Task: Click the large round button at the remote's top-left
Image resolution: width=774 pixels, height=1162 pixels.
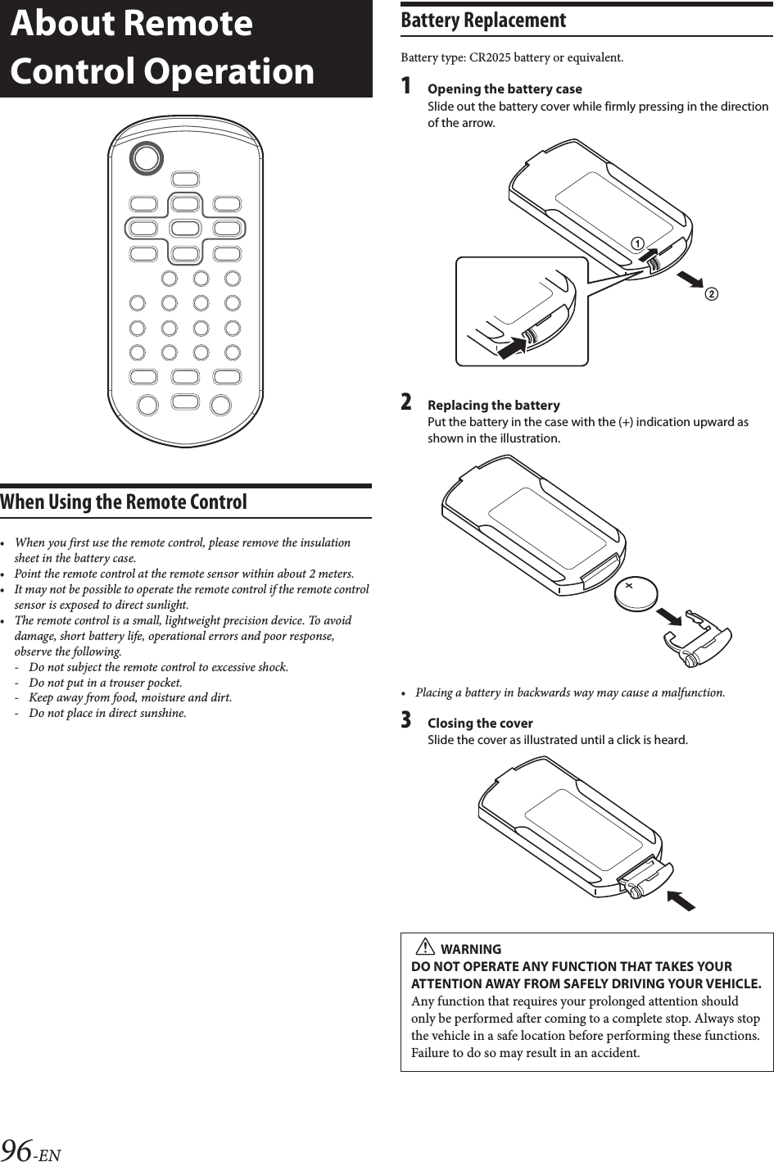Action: [148, 157]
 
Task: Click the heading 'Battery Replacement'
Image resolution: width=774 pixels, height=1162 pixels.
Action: [483, 20]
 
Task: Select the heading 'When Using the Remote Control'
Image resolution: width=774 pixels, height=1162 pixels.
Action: [124, 502]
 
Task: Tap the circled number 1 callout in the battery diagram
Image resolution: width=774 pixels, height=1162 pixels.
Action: [636, 242]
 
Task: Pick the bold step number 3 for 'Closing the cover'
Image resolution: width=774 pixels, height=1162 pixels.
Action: [406, 721]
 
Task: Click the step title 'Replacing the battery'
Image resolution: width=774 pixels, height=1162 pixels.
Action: [494, 405]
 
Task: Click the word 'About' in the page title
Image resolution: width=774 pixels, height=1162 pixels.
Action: [63, 25]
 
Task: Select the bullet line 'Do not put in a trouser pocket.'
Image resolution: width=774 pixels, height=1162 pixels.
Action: [105, 683]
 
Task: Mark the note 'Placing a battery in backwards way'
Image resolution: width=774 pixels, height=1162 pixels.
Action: [569, 692]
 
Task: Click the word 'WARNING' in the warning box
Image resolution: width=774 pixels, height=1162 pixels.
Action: [471, 949]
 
